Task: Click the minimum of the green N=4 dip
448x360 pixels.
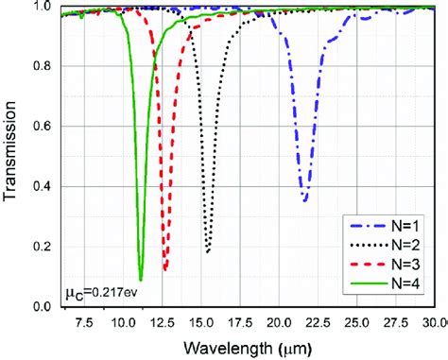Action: pos(141,280)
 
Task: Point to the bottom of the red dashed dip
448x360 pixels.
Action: pos(165,270)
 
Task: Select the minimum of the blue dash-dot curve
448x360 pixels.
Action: pos(304,200)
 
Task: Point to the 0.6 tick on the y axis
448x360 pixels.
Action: pos(41,127)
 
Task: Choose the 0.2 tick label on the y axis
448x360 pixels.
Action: pos(41,247)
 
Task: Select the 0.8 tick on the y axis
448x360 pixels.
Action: pos(41,66)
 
